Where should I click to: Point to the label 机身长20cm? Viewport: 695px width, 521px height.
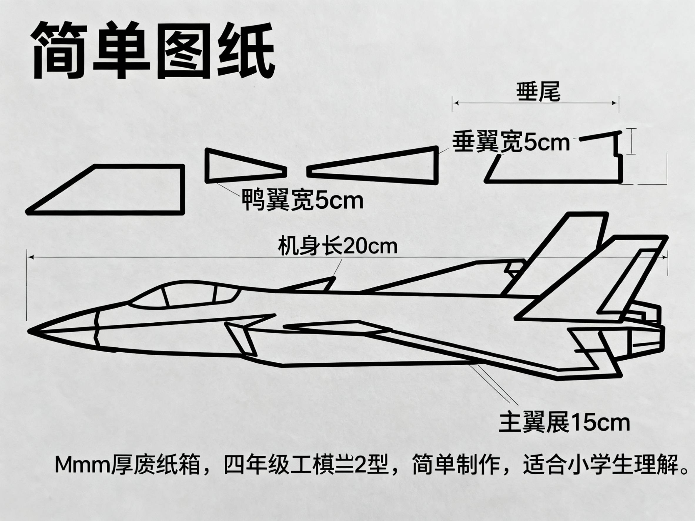338,247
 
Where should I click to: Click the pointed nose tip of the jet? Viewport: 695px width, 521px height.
29,331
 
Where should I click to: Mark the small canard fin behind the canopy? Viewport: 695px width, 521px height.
308,284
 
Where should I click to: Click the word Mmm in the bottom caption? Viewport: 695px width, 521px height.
83,465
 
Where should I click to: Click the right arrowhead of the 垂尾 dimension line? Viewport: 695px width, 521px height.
616,103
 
